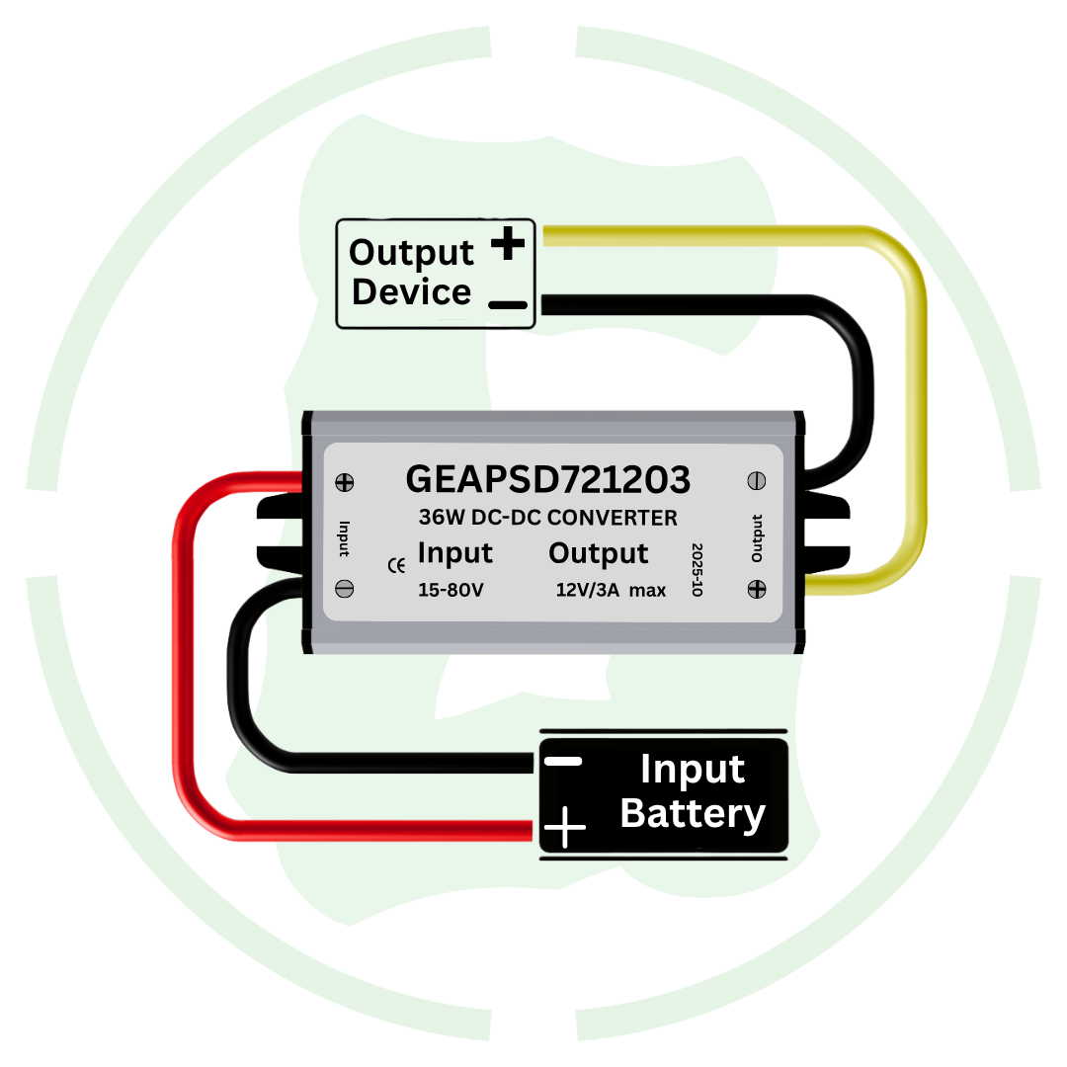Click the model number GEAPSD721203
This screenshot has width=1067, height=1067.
pyautogui.click(x=547, y=480)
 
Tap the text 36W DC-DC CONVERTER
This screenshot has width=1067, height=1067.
pyautogui.click(x=547, y=518)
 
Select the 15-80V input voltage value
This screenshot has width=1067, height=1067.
pyautogui.click(x=451, y=590)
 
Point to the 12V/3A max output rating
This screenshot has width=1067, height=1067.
pyautogui.click(x=611, y=591)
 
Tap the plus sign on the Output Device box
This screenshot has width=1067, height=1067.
pyautogui.click(x=508, y=243)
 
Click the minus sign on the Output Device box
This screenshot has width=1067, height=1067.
pyautogui.click(x=508, y=304)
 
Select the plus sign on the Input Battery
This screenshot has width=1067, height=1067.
pyautogui.click(x=565, y=827)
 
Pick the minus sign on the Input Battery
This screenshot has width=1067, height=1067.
pyautogui.click(x=564, y=762)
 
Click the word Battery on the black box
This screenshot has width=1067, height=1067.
pyautogui.click(x=693, y=814)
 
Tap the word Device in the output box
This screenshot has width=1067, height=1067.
pyautogui.click(x=411, y=292)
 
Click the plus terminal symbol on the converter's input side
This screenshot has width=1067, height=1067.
pyautogui.click(x=346, y=483)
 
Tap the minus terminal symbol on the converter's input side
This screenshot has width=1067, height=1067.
pyautogui.click(x=346, y=588)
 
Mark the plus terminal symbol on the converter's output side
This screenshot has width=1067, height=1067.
pyautogui.click(x=757, y=588)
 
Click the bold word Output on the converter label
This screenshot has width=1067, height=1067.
pyautogui.click(x=598, y=553)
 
